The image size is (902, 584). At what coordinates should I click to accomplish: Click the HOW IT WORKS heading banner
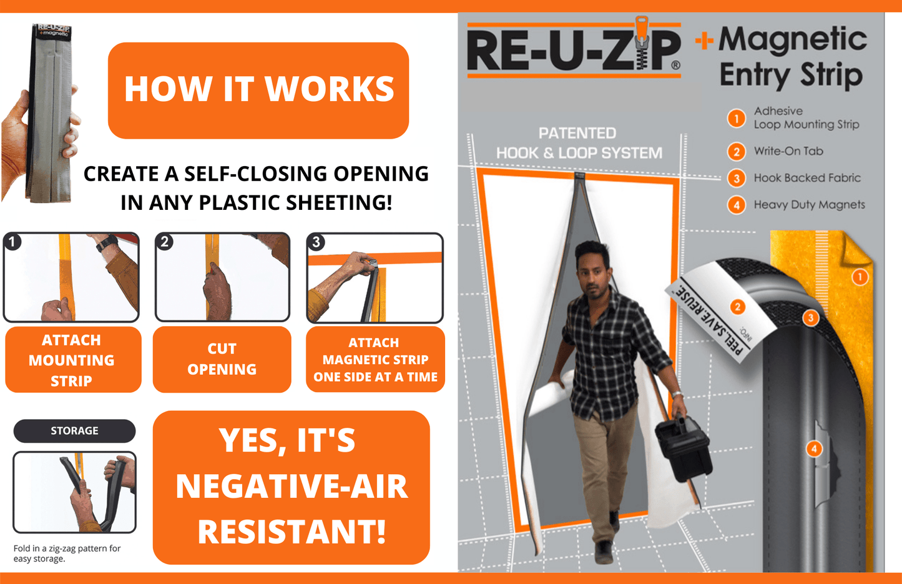[258, 90]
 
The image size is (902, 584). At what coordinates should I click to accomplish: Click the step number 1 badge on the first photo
[12, 242]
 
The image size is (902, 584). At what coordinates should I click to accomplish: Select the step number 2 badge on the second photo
[165, 242]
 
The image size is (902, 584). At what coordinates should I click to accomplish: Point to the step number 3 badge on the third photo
[316, 242]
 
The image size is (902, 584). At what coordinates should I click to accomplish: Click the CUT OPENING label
[222, 359]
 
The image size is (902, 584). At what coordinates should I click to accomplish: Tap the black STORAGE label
[74, 430]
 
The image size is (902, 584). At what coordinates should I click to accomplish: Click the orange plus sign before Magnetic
[704, 41]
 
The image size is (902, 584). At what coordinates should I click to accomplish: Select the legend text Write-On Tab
[788, 151]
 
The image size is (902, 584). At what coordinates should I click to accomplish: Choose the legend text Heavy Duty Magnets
[809, 205]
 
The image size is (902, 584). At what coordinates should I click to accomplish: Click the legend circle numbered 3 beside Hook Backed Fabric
[737, 179]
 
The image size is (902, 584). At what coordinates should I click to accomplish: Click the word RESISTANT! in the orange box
[292, 532]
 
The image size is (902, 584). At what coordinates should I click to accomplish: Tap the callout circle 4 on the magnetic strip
[813, 448]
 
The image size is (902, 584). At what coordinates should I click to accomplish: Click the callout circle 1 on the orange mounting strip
[860, 277]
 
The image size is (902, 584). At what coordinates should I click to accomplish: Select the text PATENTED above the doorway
[577, 133]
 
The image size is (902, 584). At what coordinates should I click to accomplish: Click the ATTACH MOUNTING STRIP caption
[72, 360]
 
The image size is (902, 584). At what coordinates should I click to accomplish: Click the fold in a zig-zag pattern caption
[67, 553]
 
